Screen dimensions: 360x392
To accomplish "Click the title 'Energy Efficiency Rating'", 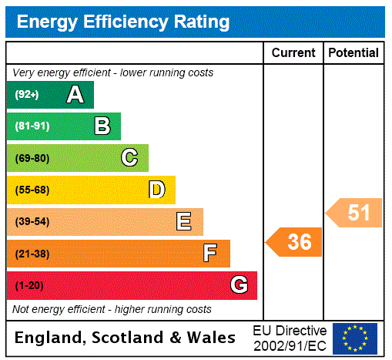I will coord(123,22).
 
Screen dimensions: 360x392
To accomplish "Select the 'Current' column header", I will coord(293,53).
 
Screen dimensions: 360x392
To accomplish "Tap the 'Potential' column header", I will coord(353,53).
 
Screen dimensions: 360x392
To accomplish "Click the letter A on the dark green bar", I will coord(75,95).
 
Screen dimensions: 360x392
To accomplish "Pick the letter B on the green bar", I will coord(102,126).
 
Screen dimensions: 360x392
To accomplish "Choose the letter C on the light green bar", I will coord(129,158).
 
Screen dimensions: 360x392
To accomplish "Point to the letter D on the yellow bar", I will coord(156,190).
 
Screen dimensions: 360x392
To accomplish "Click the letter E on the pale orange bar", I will coord(184,222).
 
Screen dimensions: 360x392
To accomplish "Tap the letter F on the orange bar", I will coord(209,254).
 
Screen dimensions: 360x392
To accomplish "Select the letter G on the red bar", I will coord(239,285).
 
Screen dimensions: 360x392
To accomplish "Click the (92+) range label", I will coord(27,96).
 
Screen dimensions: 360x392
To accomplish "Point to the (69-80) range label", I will coord(32,159).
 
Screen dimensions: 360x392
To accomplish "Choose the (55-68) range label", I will coord(32,190).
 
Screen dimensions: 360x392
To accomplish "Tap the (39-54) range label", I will coord(32,222).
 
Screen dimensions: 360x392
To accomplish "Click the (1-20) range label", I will coord(29,286).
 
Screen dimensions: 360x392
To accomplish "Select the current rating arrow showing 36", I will coord(294,242).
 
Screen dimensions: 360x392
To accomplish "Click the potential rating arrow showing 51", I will coord(354,212).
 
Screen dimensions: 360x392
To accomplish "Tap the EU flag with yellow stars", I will coord(355,338).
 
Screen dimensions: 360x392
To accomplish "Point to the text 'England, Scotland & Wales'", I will coord(126,338).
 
